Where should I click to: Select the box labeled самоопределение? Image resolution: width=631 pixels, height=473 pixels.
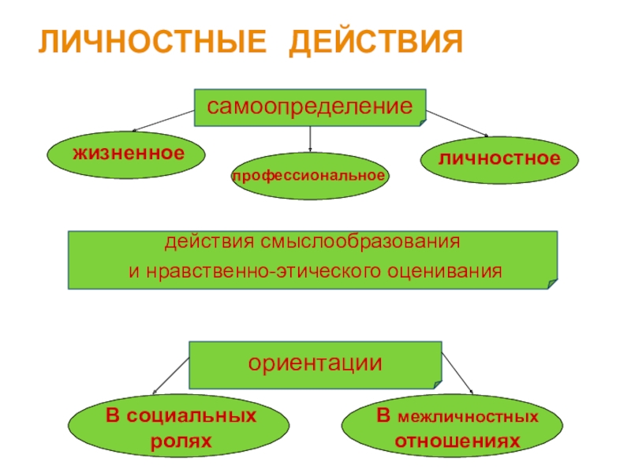coord(310,107)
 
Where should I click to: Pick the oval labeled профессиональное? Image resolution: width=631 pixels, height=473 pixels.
coord(309,174)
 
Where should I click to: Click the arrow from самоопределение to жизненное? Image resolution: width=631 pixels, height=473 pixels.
coord(162,121)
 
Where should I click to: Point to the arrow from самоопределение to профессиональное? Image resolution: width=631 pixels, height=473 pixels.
coord(310,139)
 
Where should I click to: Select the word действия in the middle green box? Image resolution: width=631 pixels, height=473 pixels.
coord(196,240)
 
